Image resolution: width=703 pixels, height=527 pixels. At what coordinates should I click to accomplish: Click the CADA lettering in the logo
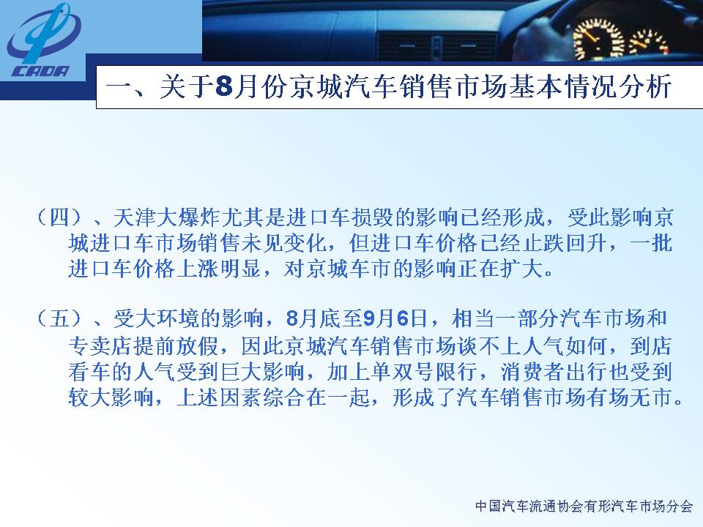pyautogui.click(x=41, y=71)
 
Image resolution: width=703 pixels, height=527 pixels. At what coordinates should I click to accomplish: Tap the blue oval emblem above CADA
pyautogui.click(x=43, y=34)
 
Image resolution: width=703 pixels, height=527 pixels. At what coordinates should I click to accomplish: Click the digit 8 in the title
pyautogui.click(x=224, y=86)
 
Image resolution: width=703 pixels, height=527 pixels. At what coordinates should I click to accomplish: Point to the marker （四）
pyautogui.click(x=59, y=218)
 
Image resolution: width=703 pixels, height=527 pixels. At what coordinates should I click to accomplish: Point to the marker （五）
pyautogui.click(x=59, y=318)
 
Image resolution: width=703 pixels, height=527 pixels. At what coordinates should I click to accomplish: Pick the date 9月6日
pyautogui.click(x=395, y=318)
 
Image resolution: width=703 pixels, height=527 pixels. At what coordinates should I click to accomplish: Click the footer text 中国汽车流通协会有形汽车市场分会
pyautogui.click(x=584, y=507)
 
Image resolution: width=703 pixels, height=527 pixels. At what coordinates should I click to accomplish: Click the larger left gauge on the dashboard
pyautogui.click(x=598, y=40)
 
